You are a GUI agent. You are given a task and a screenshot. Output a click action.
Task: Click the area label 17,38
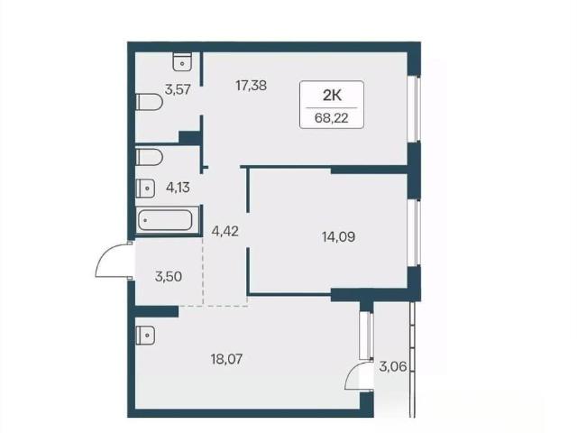coord(251,86)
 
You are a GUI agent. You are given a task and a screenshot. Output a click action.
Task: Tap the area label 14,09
coord(338,236)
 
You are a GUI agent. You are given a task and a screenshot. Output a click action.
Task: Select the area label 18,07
coord(226,359)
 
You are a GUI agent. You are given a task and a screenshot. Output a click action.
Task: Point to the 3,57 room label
coord(178,89)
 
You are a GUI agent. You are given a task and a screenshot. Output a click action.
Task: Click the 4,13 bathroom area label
coord(178,188)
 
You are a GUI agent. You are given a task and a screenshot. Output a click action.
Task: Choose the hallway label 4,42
coord(224,231)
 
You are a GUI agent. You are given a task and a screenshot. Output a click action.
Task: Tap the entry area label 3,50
coord(169,276)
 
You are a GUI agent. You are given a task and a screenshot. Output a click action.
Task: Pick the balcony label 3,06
coord(393,367)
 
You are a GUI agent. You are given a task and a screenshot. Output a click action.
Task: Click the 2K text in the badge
coord(332,96)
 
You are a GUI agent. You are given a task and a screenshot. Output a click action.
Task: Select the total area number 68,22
coord(332,118)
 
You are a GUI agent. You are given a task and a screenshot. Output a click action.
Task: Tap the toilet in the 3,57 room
coord(150,102)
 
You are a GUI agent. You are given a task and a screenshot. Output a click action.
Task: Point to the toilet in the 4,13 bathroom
coord(149,157)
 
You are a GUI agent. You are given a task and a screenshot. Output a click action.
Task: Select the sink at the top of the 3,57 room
coord(182,61)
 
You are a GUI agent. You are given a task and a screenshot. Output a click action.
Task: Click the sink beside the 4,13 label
coord(145,189)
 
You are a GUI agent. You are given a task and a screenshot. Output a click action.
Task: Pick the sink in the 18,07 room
coord(145,335)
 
